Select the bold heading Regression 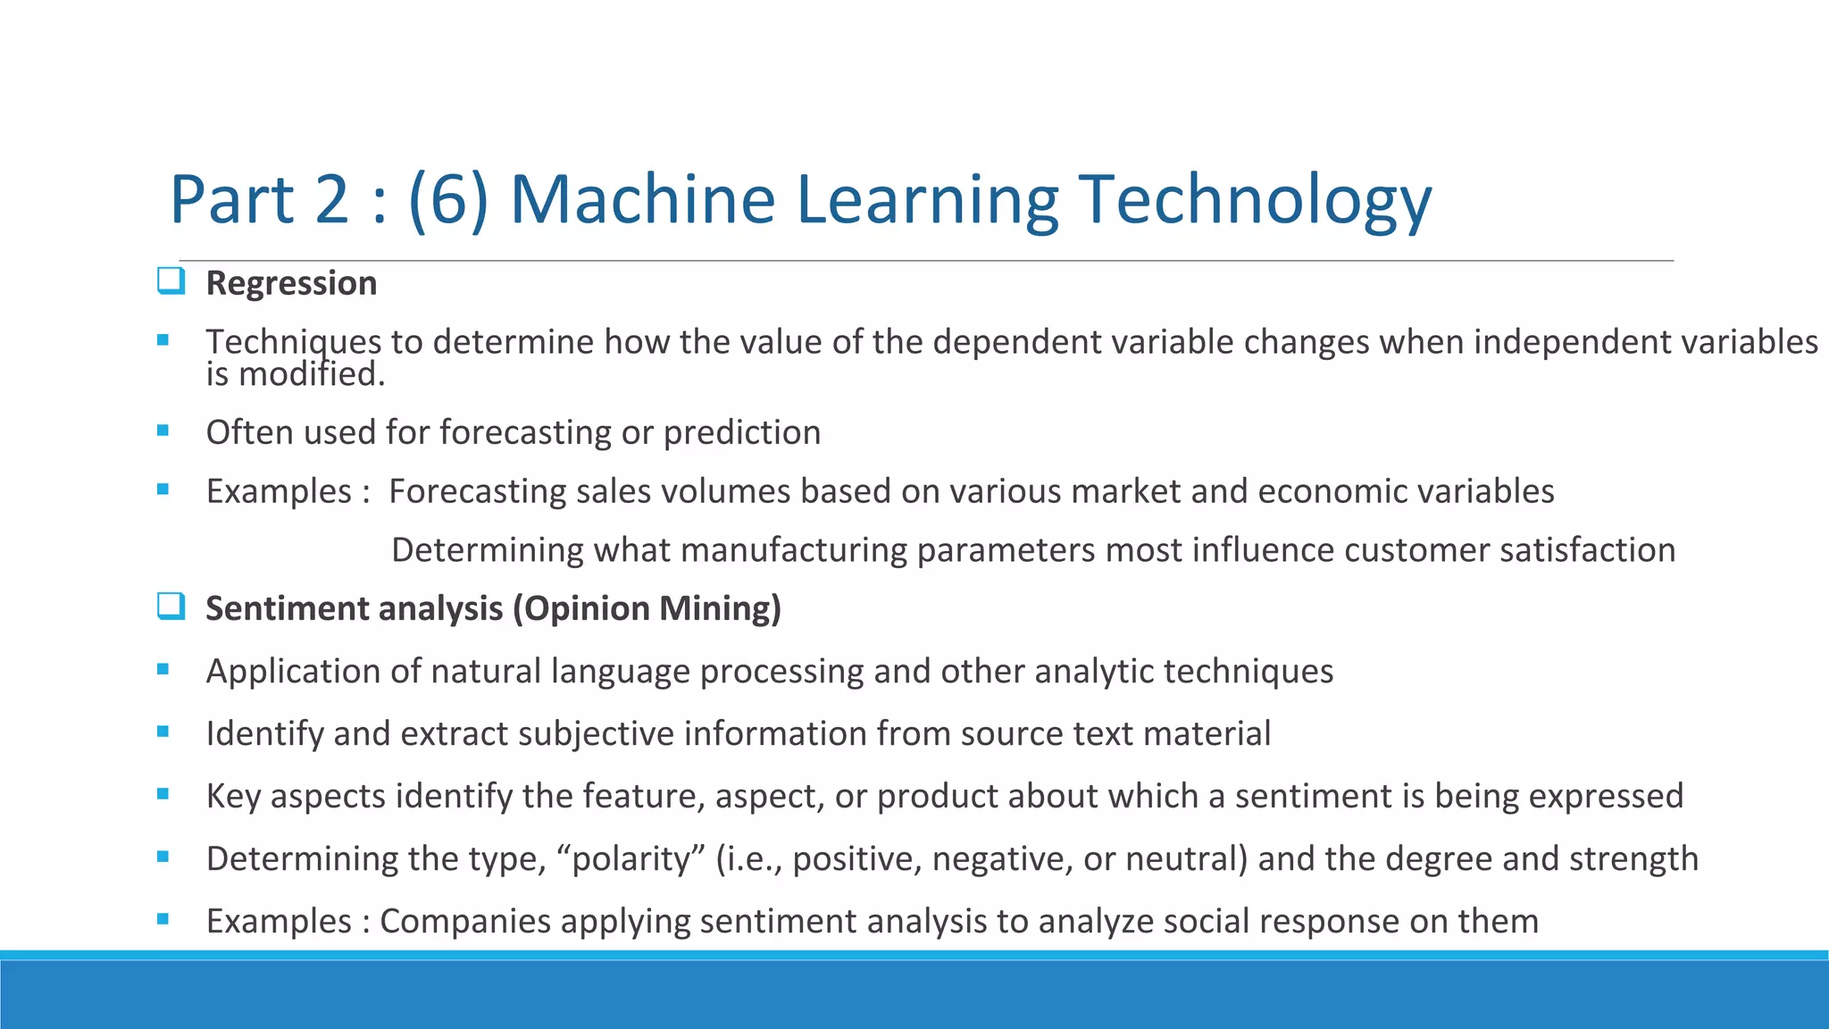tap(291, 283)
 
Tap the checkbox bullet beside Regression tap(171, 281)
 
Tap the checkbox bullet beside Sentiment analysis tap(171, 607)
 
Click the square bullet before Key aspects tap(163, 793)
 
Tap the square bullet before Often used tap(163, 431)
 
